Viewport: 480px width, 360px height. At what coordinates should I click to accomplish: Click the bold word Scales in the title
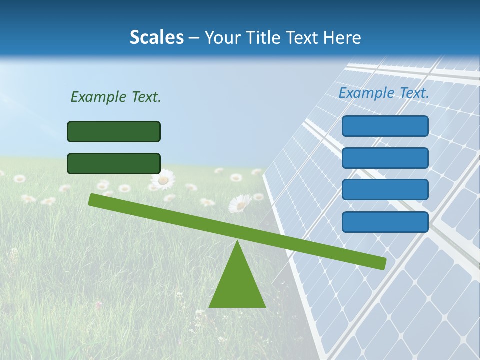pyautogui.click(x=156, y=38)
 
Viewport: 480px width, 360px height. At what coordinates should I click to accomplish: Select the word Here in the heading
pyautogui.click(x=341, y=38)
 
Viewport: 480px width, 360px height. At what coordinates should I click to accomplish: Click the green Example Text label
pyautogui.click(x=116, y=97)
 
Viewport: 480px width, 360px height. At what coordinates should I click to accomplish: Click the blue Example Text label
pyautogui.click(x=384, y=93)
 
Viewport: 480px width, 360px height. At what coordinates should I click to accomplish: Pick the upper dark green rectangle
pyautogui.click(x=114, y=131)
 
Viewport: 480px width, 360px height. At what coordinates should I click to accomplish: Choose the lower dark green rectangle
pyautogui.click(x=114, y=163)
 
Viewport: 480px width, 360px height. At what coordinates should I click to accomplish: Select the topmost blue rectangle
pyautogui.click(x=385, y=126)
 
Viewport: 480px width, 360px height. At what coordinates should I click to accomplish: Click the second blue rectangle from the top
pyautogui.click(x=385, y=158)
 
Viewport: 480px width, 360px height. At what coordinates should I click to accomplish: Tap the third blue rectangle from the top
pyautogui.click(x=385, y=190)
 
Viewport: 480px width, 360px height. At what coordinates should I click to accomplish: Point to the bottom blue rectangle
pyautogui.click(x=385, y=222)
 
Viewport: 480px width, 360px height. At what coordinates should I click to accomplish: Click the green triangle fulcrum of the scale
pyautogui.click(x=237, y=285)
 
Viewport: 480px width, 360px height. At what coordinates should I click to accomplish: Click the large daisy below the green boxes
pyautogui.click(x=163, y=179)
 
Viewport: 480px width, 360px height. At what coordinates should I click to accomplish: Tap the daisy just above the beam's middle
pyautogui.click(x=240, y=204)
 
